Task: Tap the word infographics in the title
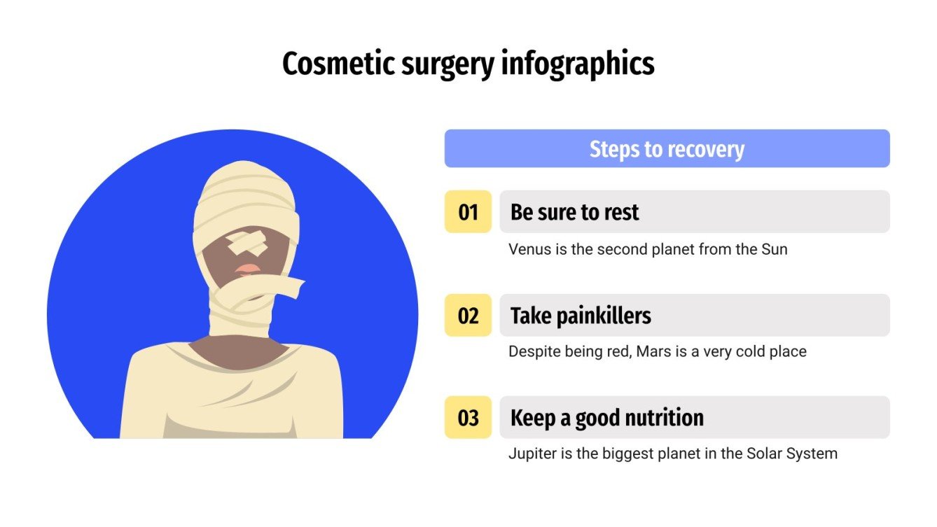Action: [578, 64]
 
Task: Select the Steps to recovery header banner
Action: [667, 148]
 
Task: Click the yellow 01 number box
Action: [468, 211]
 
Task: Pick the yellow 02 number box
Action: [468, 315]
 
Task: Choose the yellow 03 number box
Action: [468, 418]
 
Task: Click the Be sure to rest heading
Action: [574, 211]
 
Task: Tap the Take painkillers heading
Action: [581, 316]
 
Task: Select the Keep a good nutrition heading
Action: [606, 418]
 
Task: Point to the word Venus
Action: [529, 249]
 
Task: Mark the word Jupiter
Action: [533, 454]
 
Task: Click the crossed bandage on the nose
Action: [247, 243]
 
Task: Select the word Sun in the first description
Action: [774, 249]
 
